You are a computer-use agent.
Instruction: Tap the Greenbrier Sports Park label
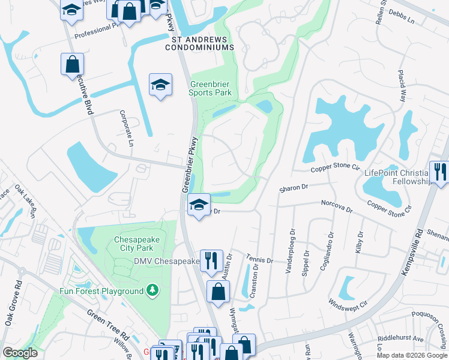coord(210,89)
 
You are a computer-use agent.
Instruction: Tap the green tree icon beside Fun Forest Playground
coord(153,291)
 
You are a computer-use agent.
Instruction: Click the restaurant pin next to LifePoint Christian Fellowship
coord(439,172)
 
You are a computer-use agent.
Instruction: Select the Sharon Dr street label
coord(294,189)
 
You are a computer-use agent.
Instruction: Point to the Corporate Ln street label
coord(126,128)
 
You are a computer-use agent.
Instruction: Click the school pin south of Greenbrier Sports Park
coord(199,205)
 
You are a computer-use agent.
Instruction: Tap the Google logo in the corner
coord(20,352)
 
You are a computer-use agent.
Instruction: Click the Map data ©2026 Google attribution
coord(411,355)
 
